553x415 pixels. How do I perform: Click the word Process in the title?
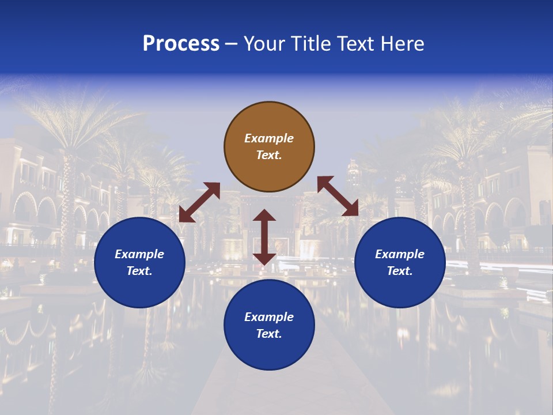[181, 44]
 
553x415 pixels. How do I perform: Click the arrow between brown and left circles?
[199, 202]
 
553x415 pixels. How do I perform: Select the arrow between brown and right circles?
[338, 197]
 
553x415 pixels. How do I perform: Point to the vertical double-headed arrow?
[264, 237]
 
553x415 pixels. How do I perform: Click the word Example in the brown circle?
[269, 138]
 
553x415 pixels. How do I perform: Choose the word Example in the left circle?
[139, 254]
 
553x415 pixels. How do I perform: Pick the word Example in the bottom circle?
[269, 317]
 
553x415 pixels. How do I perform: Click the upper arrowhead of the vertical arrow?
[264, 215]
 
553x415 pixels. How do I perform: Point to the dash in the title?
[232, 44]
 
